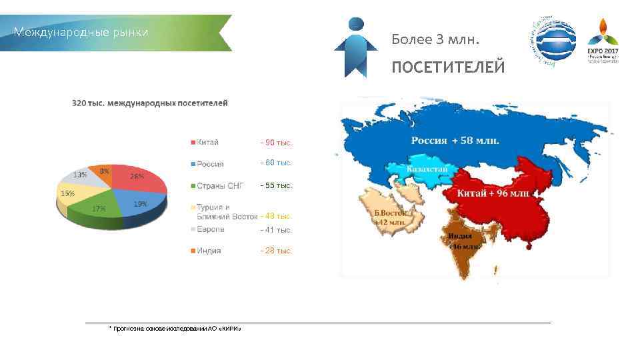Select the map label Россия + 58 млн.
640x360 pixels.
click(455, 141)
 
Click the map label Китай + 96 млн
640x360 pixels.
click(493, 193)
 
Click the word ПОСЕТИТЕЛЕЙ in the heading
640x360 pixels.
click(447, 67)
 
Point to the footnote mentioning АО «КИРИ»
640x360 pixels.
click(175, 329)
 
